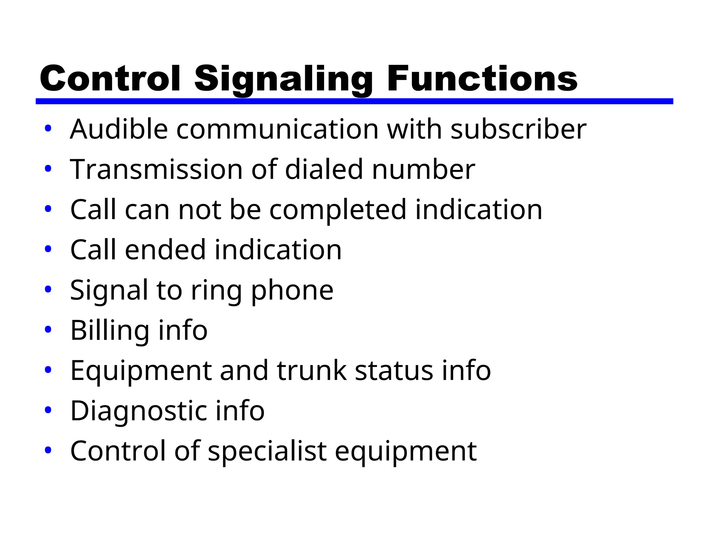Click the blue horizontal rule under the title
[x=354, y=101]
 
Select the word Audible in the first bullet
[x=119, y=129]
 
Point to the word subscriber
[x=518, y=129]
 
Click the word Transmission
[x=156, y=169]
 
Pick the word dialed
[x=324, y=169]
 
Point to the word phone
[x=292, y=290]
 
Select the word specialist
[x=267, y=451]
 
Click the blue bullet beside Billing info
[x=48, y=329]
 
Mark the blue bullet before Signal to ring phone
[x=48, y=289]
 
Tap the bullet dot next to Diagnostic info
[x=48, y=410]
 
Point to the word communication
[x=277, y=129]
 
